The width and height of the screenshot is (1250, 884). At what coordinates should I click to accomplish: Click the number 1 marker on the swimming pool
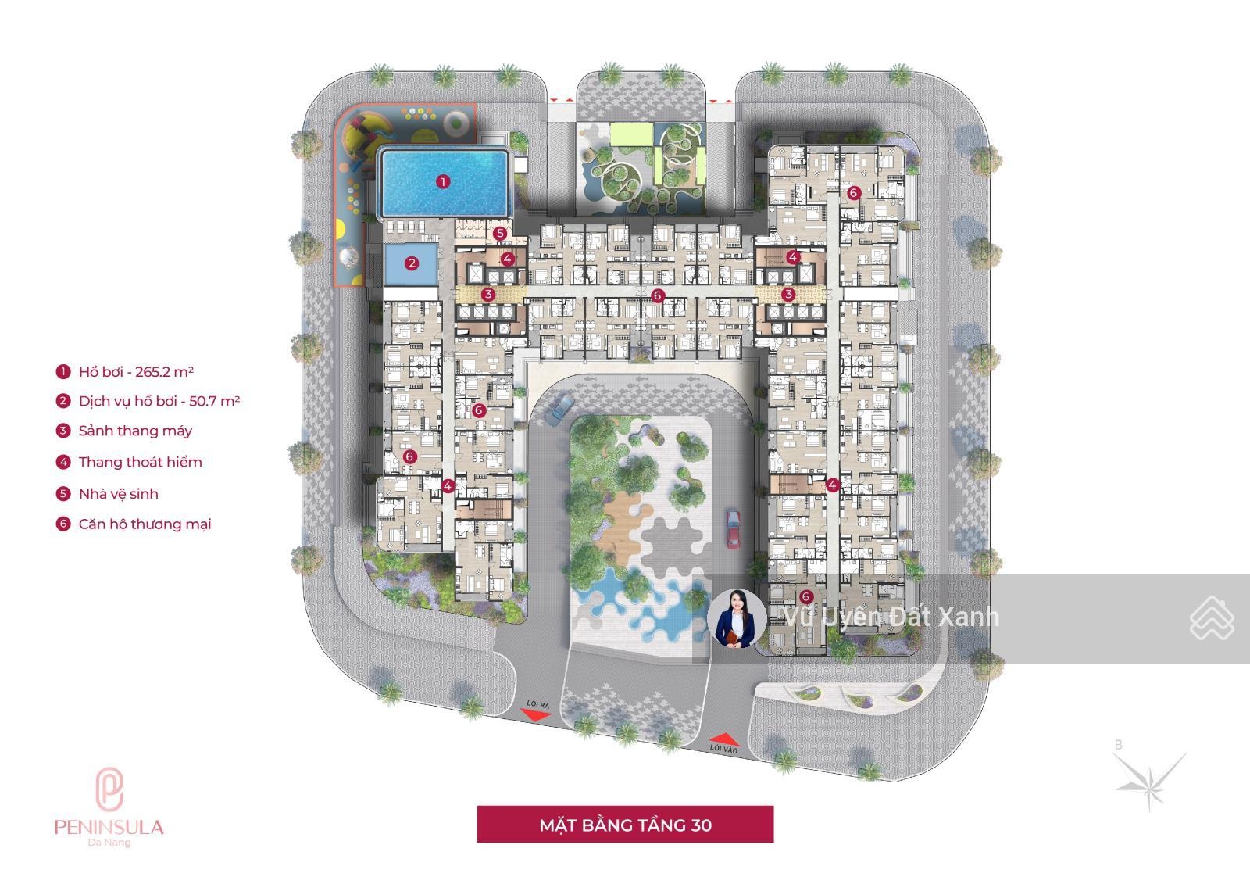click(x=443, y=181)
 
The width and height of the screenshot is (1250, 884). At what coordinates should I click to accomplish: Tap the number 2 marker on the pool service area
click(x=412, y=263)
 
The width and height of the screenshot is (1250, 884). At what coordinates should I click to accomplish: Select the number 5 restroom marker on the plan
click(x=499, y=233)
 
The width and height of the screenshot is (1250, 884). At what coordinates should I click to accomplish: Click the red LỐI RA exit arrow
click(x=534, y=714)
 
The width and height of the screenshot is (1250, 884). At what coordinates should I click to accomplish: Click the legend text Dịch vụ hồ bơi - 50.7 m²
click(x=159, y=401)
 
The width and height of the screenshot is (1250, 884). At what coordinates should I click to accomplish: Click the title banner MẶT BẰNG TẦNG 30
click(x=625, y=825)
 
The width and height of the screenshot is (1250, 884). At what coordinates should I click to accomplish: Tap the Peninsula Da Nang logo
click(x=109, y=807)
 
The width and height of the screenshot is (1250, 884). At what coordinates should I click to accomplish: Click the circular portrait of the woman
click(x=737, y=618)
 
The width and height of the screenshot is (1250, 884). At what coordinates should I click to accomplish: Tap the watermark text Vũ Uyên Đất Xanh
click(x=891, y=617)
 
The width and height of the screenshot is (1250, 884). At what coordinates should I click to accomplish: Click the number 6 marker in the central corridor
click(x=658, y=295)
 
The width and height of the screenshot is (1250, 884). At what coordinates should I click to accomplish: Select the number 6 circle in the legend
click(x=63, y=524)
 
